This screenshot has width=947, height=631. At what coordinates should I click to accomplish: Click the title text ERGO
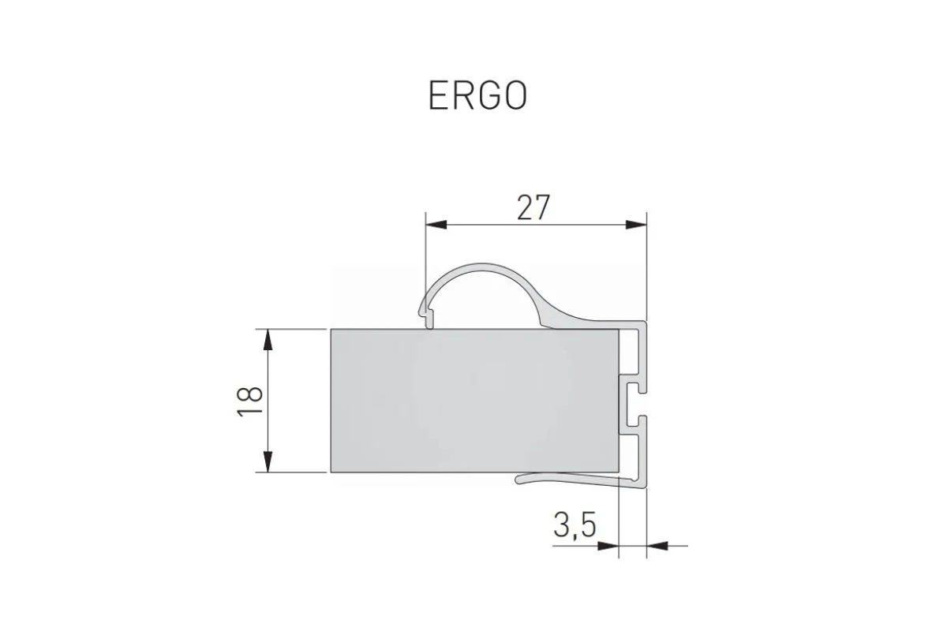(477, 95)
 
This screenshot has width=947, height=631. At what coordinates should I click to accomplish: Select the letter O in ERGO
(515, 95)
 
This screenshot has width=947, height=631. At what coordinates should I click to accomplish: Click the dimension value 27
(533, 207)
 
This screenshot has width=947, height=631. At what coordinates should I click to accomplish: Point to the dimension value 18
(250, 401)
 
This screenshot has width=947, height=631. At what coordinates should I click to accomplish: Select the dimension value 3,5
(574, 526)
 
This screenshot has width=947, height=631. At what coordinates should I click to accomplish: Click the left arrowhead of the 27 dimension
(436, 224)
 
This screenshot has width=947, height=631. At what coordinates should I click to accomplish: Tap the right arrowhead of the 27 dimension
(636, 224)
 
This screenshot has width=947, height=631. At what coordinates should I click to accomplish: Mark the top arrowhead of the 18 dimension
(269, 340)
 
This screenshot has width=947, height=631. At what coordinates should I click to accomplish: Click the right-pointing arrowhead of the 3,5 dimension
(608, 544)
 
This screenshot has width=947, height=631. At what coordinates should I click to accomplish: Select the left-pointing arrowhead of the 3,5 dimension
(657, 544)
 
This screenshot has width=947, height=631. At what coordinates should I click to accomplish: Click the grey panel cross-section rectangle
(473, 400)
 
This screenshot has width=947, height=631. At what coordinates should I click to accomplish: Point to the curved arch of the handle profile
(481, 268)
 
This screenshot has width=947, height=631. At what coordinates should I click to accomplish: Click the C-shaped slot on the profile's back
(636, 400)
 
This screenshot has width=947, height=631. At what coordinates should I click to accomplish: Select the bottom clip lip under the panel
(552, 477)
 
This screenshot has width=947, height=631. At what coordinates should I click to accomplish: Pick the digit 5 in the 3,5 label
(585, 526)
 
